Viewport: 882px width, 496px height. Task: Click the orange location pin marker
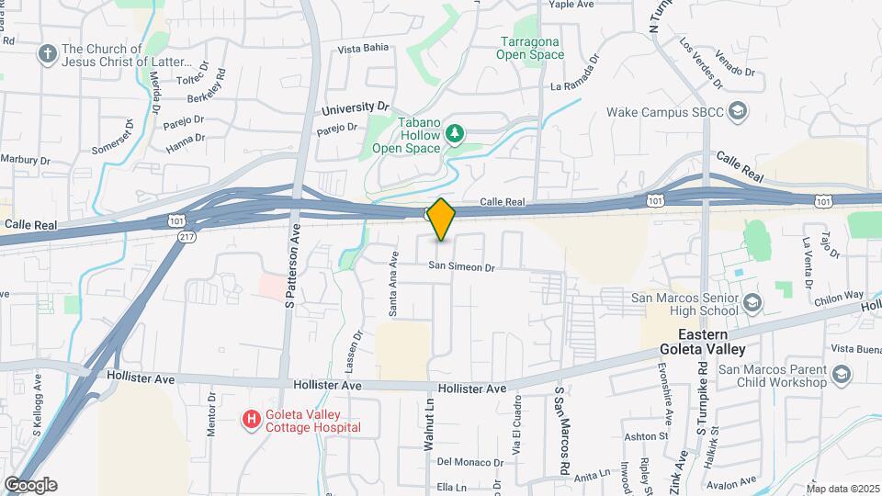click(x=441, y=220)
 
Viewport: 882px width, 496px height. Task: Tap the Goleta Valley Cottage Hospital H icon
click(x=250, y=420)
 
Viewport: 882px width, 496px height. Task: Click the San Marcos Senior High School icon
click(x=752, y=303)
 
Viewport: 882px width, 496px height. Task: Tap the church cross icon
click(x=47, y=55)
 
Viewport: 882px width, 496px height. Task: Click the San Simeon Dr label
click(x=460, y=267)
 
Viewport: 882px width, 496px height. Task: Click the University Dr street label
click(x=356, y=108)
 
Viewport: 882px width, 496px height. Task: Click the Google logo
click(x=30, y=485)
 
